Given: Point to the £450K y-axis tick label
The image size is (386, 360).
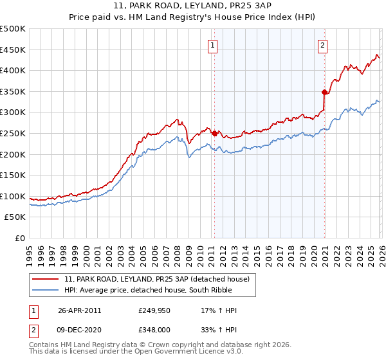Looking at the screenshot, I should pyautogui.click(x=13, y=50).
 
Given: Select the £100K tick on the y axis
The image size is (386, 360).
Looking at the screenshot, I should pyautogui.click(x=13, y=196).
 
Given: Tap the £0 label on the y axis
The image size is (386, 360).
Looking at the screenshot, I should pyautogui.click(x=20, y=238).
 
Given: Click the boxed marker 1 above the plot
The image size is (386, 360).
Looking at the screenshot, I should pyautogui.click(x=213, y=45).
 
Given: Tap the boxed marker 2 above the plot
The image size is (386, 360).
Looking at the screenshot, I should pyautogui.click(x=322, y=45).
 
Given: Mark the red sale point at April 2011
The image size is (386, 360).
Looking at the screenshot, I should pyautogui.click(x=214, y=134).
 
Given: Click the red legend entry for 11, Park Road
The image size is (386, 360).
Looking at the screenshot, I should pyautogui.click(x=161, y=278).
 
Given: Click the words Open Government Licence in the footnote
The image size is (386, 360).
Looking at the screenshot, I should pyautogui.click(x=163, y=352).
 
